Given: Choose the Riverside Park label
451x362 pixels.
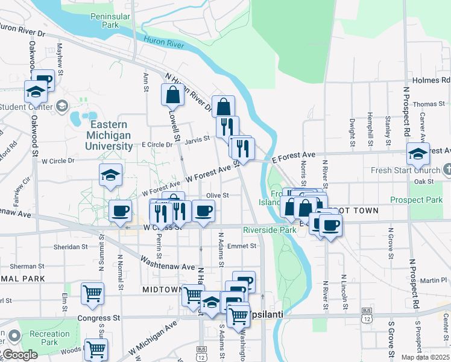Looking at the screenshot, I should click(270, 230).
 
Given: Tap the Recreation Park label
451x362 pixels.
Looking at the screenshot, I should click(50, 338).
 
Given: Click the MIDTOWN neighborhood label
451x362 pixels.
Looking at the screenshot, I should click(162, 290).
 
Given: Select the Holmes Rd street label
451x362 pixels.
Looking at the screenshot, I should click(431, 80).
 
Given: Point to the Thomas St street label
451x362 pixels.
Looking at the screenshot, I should click(428, 104).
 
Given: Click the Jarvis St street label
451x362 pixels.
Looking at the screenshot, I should click(197, 139).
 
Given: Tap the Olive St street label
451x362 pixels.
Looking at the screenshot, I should click(218, 195).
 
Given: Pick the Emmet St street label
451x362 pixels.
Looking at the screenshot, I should click(242, 246).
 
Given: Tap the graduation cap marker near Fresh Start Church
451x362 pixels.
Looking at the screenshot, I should click(418, 154).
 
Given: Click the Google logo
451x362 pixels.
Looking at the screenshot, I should click(19, 355).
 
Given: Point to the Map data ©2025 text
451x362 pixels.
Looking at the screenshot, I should click(424, 357).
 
